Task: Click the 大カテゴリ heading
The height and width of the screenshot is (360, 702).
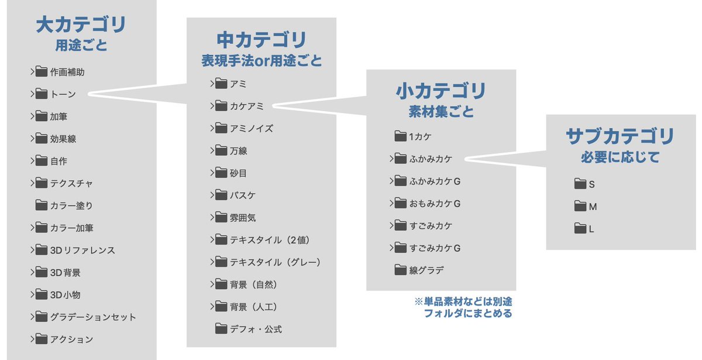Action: (81, 25)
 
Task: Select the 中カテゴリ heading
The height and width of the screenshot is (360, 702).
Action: (261, 40)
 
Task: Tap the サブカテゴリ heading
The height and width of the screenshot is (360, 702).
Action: (620, 136)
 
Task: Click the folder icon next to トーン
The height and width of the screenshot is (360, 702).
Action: (41, 94)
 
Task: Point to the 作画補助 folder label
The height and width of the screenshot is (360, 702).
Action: (67, 72)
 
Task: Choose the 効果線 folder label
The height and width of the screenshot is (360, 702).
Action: (63, 139)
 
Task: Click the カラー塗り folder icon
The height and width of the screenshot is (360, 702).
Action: (41, 205)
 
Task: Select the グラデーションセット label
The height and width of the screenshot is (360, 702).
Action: (93, 317)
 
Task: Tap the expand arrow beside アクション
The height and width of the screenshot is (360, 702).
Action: (32, 339)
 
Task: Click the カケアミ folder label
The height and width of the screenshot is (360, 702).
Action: (247, 106)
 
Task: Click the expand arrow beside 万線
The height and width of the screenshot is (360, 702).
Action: (212, 150)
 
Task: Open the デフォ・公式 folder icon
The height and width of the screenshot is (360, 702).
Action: (221, 329)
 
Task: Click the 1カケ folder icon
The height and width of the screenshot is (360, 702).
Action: (400, 136)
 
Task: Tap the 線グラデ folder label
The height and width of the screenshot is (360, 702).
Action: (426, 270)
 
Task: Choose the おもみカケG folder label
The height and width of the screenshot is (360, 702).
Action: (435, 203)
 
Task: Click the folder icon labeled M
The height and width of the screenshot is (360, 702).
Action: (580, 206)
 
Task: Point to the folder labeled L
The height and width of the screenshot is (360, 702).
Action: (591, 229)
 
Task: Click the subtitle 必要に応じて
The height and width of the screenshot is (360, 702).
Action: (620, 157)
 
